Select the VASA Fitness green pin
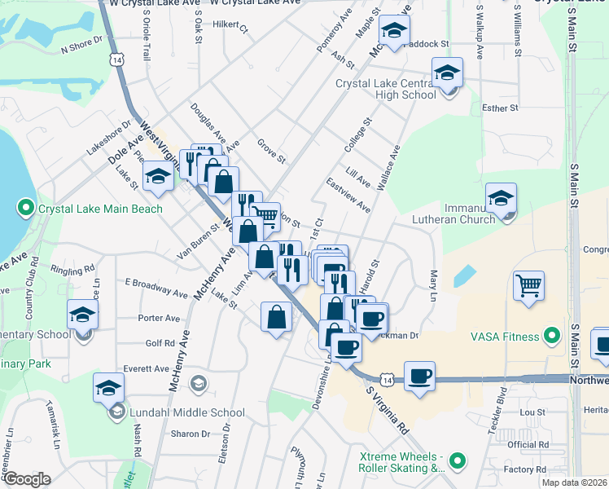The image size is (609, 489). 551,335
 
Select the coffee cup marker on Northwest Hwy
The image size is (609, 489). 419,377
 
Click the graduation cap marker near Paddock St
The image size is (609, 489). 395,32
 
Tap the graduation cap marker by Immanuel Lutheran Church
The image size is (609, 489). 501,198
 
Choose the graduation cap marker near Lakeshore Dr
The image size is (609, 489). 158,176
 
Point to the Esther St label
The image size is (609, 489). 500,108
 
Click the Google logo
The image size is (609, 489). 27,479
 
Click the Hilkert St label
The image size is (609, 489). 230,25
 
